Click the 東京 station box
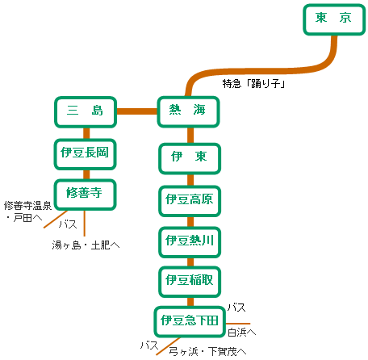click(334, 19)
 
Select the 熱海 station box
click(188, 111)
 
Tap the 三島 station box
click(86, 111)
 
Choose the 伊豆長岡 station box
click(86, 154)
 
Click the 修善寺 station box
click(86, 195)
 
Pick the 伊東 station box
click(190, 158)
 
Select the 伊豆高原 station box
click(190, 201)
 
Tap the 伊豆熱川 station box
click(190, 242)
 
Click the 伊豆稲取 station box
click(190, 282)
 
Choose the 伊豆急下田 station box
click(190, 322)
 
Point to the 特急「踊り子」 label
click(253, 84)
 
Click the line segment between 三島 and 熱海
click(137, 111)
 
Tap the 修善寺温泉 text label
click(27, 206)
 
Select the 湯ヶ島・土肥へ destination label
click(86, 245)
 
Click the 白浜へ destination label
click(241, 333)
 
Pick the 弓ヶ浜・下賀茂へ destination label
click(207, 351)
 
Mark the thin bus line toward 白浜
click(238, 324)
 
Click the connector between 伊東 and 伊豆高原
click(190, 180)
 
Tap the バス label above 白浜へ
click(236, 308)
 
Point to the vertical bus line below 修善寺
click(85, 224)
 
